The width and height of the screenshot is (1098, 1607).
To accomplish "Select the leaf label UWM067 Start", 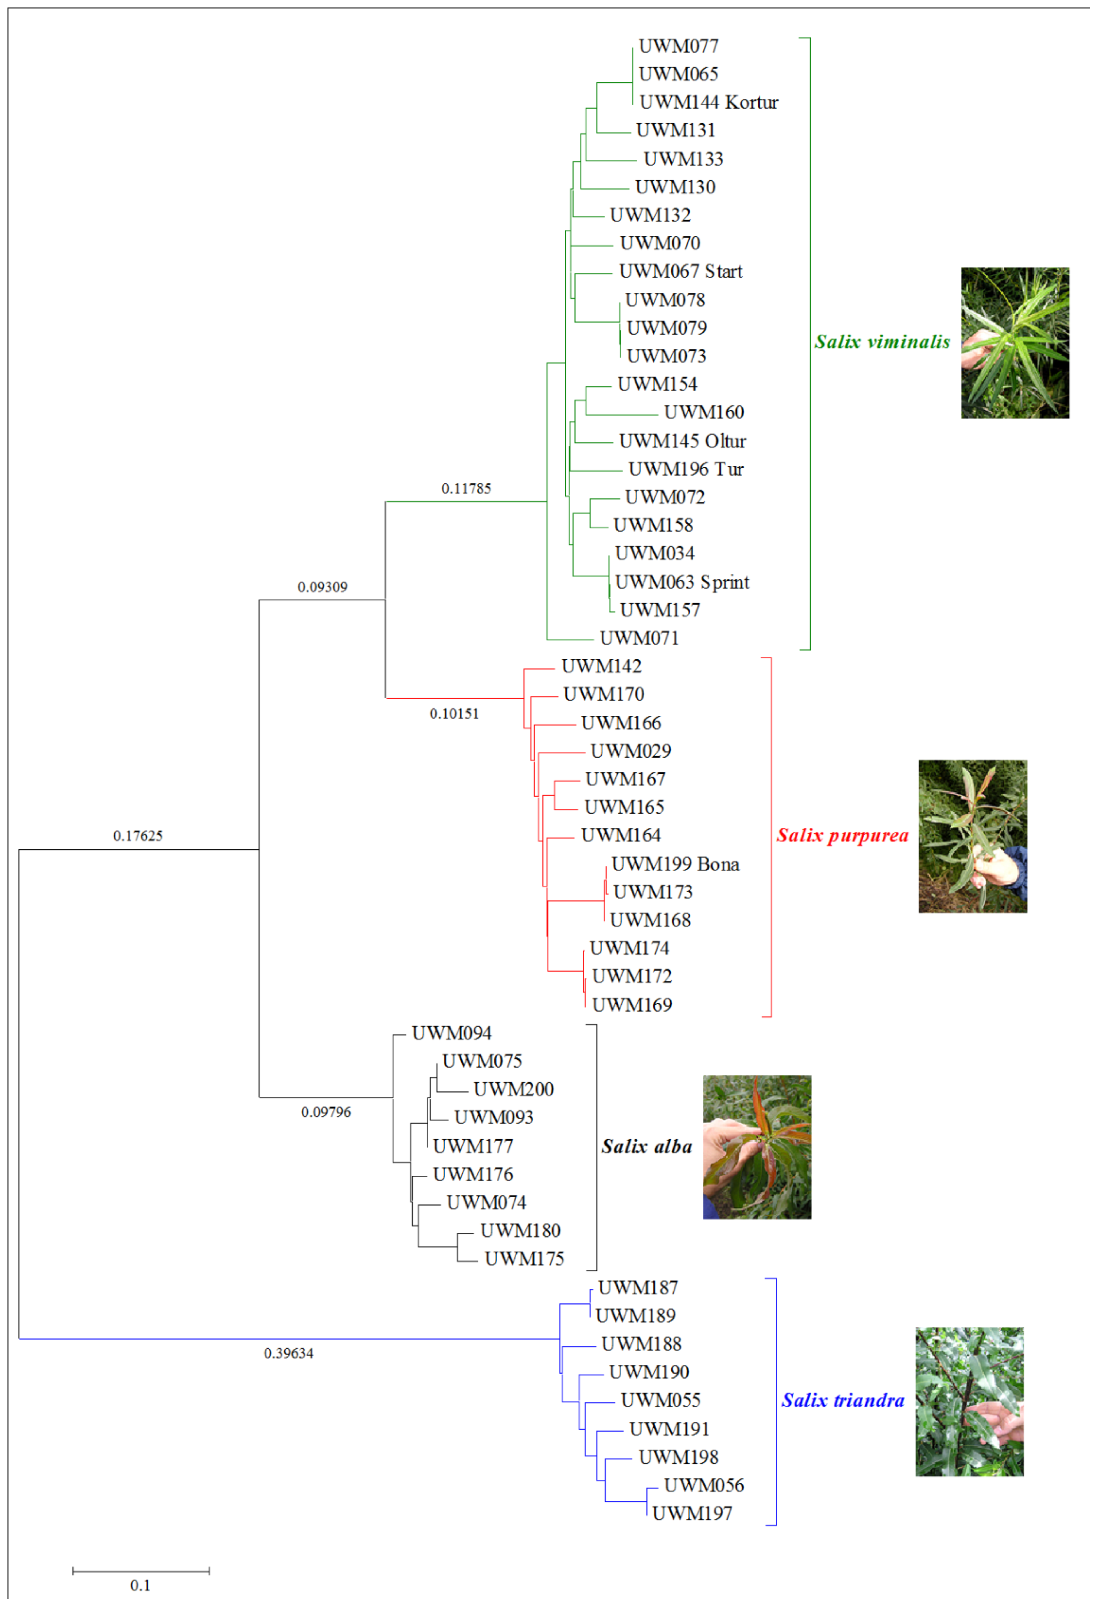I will coord(680,271).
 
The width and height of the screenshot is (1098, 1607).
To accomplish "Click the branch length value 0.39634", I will coord(288,1353).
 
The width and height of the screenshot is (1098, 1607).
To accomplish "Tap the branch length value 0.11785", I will coord(466,488).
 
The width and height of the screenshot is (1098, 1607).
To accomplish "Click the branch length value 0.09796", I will coord(326,1112).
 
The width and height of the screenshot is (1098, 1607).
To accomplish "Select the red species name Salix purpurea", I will coord(842,835).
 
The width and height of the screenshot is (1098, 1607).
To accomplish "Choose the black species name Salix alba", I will coord(647,1146).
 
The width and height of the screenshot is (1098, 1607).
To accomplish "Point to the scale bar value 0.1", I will coord(141,1585).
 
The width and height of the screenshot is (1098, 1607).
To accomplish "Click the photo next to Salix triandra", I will coord(969,1402).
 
